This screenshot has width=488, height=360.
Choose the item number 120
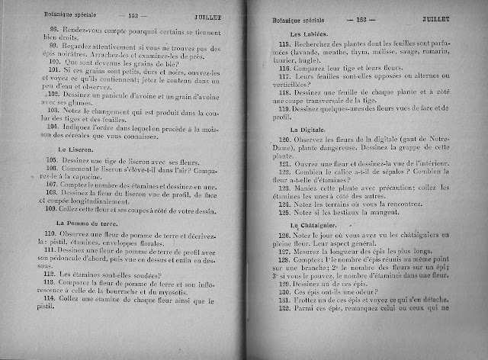click(x=288, y=142)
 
